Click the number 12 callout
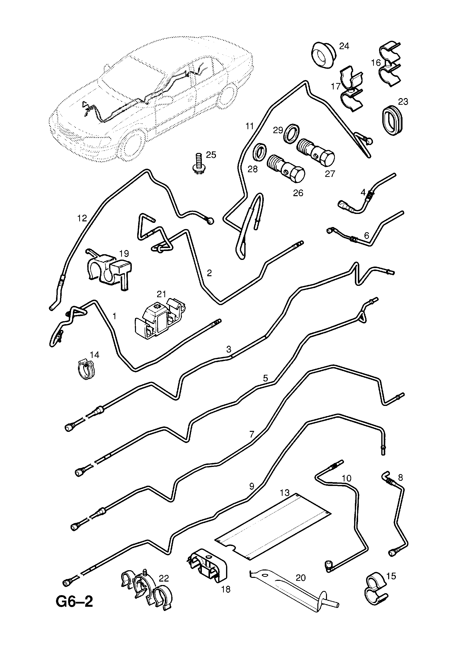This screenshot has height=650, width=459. click(82, 218)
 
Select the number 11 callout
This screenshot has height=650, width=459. click(249, 126)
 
